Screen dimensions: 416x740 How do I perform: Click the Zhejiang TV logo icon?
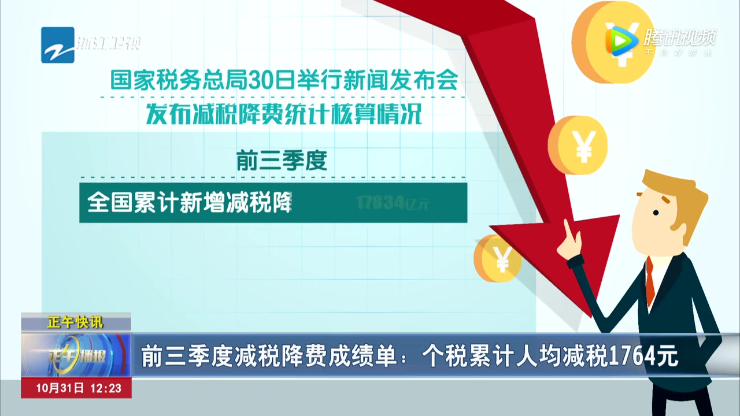point(58,44)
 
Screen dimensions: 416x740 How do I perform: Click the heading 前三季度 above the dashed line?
point(282,160)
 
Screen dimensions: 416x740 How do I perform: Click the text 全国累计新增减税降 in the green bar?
point(188,203)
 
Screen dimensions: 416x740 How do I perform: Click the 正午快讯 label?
point(75,322)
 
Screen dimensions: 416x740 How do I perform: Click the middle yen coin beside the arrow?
point(578,144)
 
